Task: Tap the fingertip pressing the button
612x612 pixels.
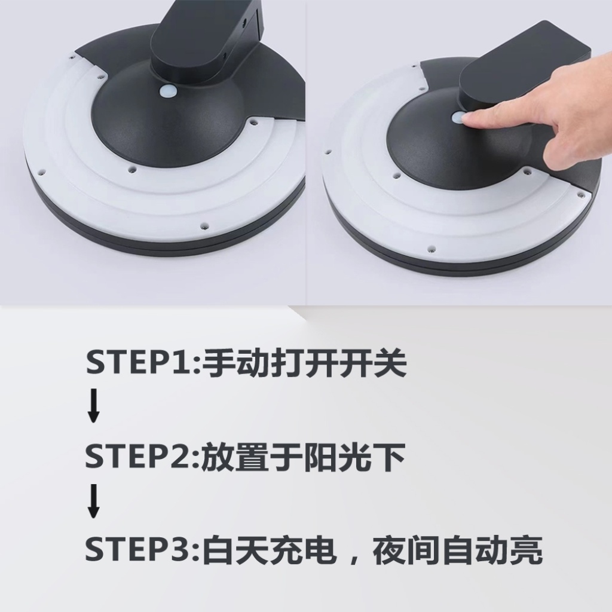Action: coord(470,117)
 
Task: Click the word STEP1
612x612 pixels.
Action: coord(141,363)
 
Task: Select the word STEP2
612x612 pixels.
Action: coord(141,455)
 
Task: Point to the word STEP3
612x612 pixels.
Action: coord(141,549)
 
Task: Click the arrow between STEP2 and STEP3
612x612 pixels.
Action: coord(93,501)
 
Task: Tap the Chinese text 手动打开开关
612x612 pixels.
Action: coord(305,363)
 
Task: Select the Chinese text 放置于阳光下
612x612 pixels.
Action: coord(304,456)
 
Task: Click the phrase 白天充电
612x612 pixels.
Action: coord(270,549)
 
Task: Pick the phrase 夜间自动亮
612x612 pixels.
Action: coord(457,549)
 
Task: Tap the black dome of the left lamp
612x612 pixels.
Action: coord(168,125)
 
